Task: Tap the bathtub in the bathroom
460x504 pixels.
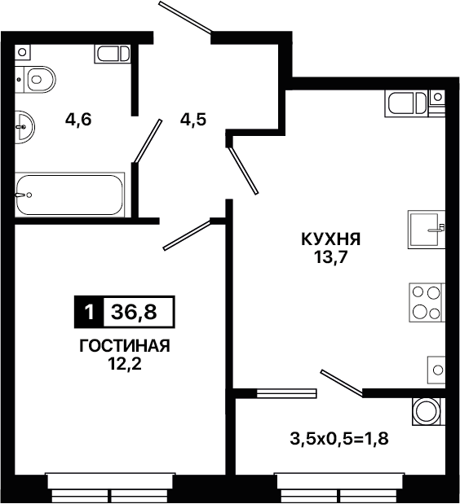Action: tap(70, 195)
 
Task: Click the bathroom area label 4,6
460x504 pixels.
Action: tap(78, 120)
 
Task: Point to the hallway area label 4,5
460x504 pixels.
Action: tap(193, 121)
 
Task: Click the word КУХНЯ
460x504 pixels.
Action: tap(331, 239)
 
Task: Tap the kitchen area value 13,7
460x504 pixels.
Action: tap(331, 257)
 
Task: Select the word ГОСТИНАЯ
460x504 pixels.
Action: tap(125, 346)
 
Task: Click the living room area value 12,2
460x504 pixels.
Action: tap(125, 364)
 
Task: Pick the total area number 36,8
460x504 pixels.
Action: tap(134, 312)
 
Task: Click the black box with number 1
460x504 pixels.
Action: tap(89, 312)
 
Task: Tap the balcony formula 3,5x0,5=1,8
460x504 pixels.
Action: tap(339, 439)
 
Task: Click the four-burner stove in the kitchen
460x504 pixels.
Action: tap(427, 302)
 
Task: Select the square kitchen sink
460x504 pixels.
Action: tap(427, 229)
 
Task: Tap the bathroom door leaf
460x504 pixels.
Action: tap(148, 141)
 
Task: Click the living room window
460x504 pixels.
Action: tap(110, 488)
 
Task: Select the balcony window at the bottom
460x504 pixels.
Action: tap(339, 488)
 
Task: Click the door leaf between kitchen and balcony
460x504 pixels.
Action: tap(342, 383)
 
